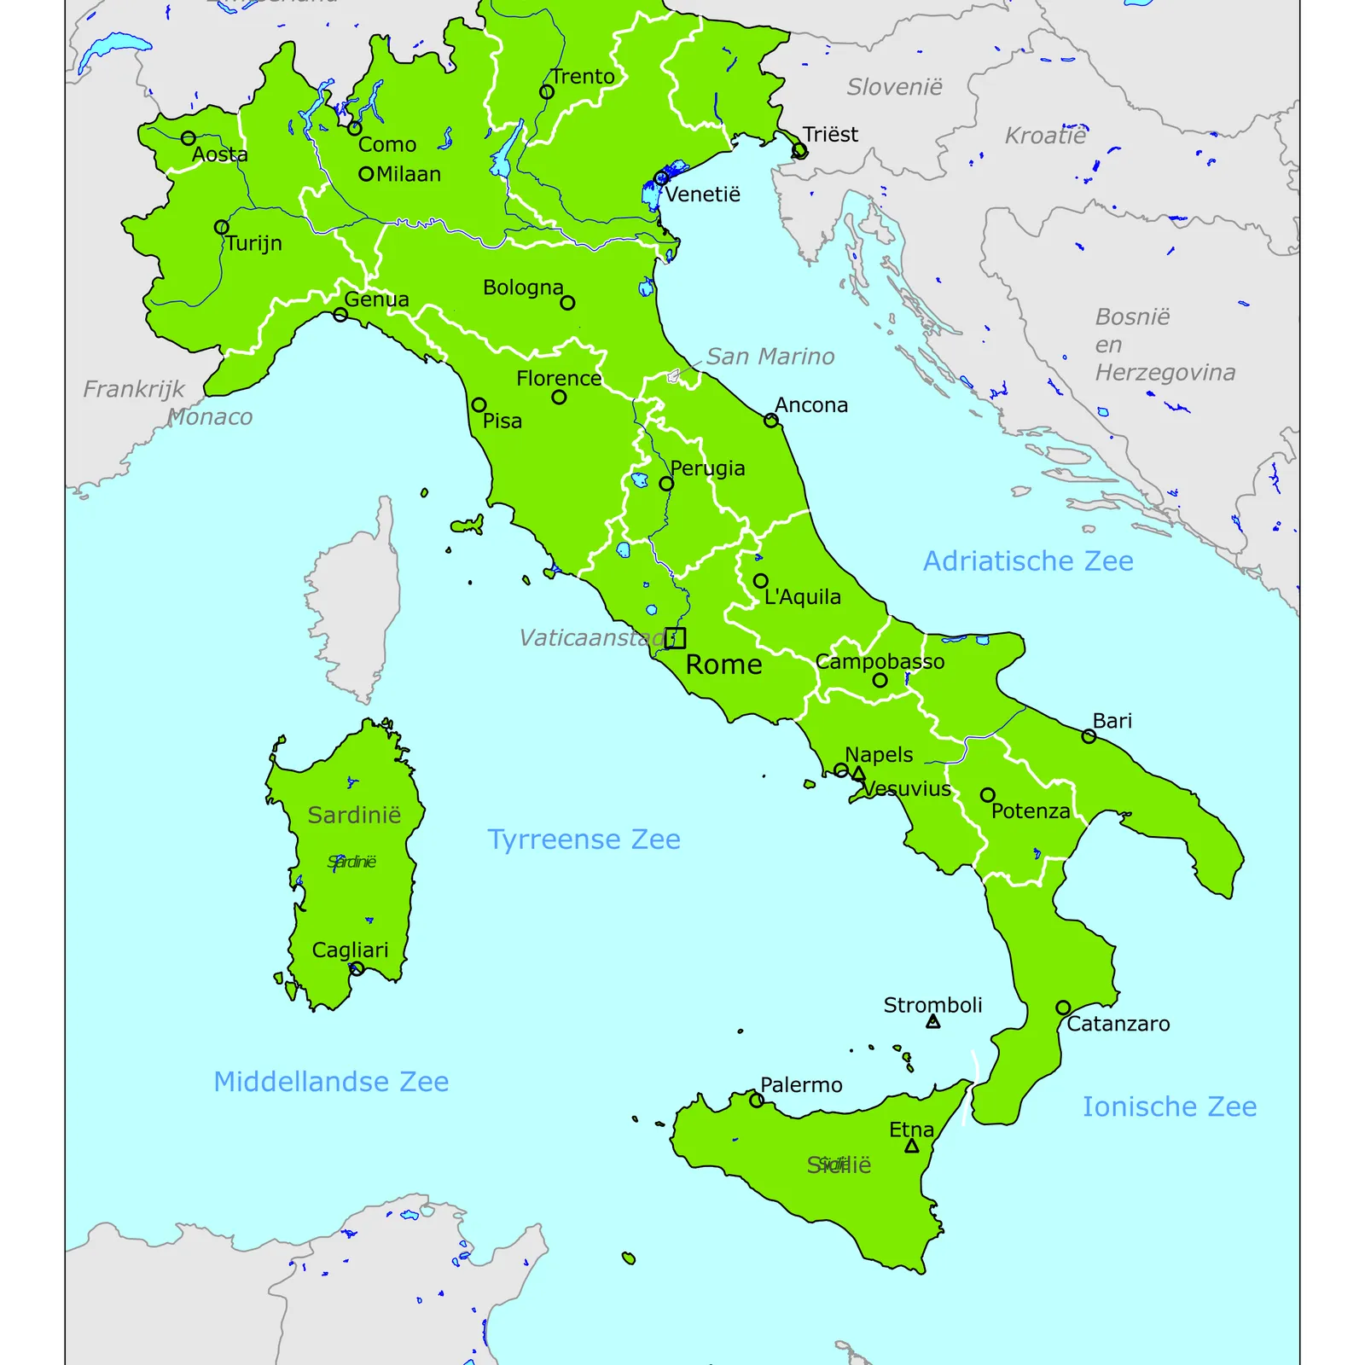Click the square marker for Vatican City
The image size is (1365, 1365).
(x=675, y=637)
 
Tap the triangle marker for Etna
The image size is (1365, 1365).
(x=912, y=1147)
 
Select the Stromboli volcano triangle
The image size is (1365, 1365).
(x=933, y=1021)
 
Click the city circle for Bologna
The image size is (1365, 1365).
(x=567, y=302)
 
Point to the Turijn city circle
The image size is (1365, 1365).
(x=222, y=227)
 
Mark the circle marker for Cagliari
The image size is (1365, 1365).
(x=357, y=968)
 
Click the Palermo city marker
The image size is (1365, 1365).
(x=757, y=1101)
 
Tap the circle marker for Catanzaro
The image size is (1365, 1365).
(x=1063, y=1008)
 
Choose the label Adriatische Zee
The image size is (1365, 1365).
(x=1028, y=561)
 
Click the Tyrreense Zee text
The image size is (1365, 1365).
(x=584, y=839)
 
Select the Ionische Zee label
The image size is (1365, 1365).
(x=1169, y=1107)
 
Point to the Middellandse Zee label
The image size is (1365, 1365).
(x=331, y=1082)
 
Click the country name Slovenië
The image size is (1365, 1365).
(x=894, y=87)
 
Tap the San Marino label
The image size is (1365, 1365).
(x=770, y=357)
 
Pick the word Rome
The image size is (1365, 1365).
(x=723, y=665)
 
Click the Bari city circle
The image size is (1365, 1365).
(x=1089, y=736)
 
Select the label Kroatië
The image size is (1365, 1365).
(x=1045, y=136)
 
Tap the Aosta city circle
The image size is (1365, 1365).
(x=189, y=138)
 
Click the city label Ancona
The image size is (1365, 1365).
(x=810, y=405)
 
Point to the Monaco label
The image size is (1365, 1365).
(x=210, y=417)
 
